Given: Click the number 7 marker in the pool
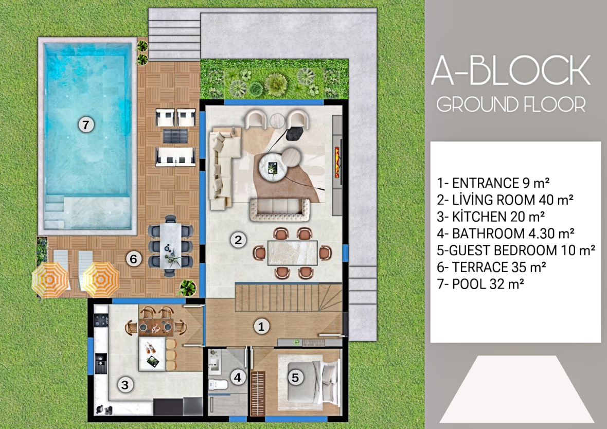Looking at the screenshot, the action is (x=86, y=124).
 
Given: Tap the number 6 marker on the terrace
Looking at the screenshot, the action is (x=134, y=259).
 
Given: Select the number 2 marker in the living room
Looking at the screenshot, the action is (x=238, y=240).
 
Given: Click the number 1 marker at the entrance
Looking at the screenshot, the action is (x=261, y=327).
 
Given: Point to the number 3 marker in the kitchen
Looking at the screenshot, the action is (x=125, y=385).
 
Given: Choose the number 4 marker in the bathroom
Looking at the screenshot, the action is (x=238, y=377).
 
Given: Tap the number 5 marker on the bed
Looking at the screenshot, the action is (x=295, y=377).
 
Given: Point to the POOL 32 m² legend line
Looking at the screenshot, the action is (x=480, y=284).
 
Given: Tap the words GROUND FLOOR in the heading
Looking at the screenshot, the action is (x=511, y=104).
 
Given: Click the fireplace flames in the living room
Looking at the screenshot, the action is (x=337, y=162).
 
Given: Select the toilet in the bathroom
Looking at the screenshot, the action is (x=218, y=384).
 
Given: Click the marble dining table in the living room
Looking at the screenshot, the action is (x=293, y=253).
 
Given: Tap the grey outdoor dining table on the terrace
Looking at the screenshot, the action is (x=170, y=245).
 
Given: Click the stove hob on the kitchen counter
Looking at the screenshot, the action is (x=101, y=320).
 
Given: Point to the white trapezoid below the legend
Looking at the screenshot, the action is (x=516, y=389).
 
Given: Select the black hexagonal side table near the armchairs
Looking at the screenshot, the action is (x=295, y=134).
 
